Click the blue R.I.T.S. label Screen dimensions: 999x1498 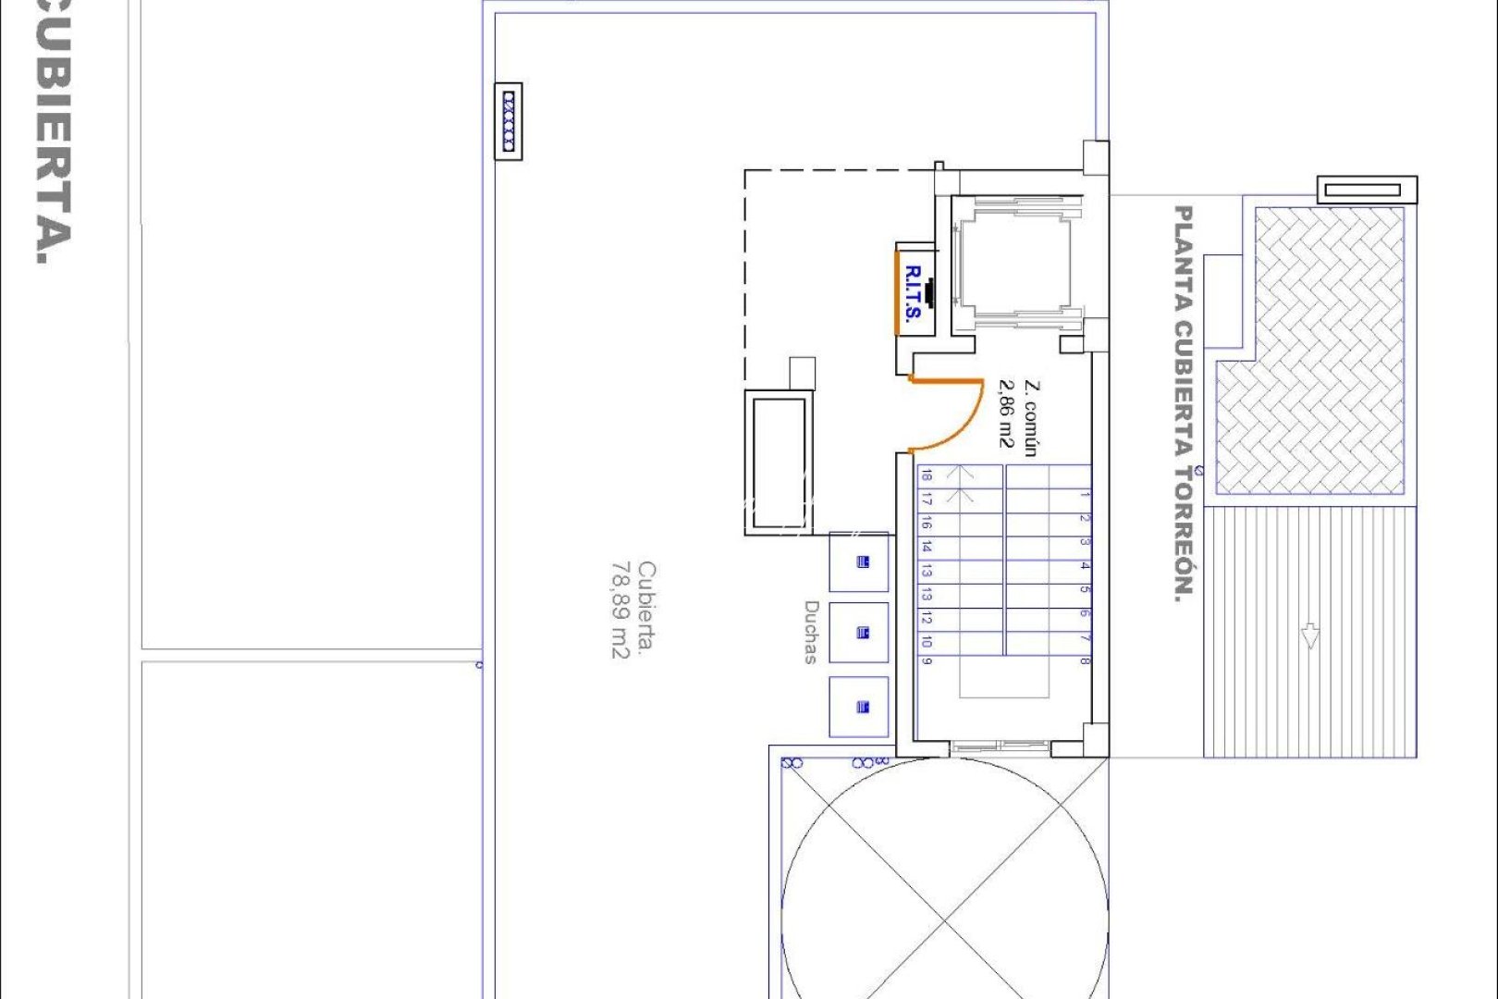(913, 292)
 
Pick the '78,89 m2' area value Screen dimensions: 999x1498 (620, 610)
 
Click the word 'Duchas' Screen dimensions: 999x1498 (811, 632)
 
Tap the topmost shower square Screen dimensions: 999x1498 (859, 561)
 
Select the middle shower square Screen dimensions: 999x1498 (859, 633)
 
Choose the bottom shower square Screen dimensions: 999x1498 (859, 707)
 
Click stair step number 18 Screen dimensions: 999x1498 (927, 476)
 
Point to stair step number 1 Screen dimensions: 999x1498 (1085, 495)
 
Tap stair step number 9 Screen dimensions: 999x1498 (927, 660)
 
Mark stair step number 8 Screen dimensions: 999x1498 (1085, 660)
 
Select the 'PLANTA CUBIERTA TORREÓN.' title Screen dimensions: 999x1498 (1184, 404)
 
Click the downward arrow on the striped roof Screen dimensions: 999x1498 (1309, 635)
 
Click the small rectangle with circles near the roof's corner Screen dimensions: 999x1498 (509, 120)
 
